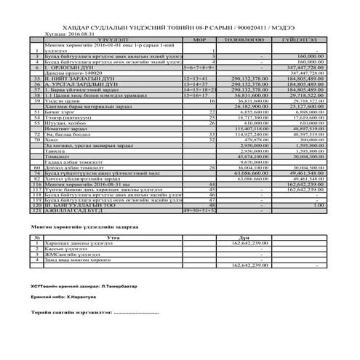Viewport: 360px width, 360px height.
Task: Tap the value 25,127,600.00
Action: pyautogui.click(x=305, y=126)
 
